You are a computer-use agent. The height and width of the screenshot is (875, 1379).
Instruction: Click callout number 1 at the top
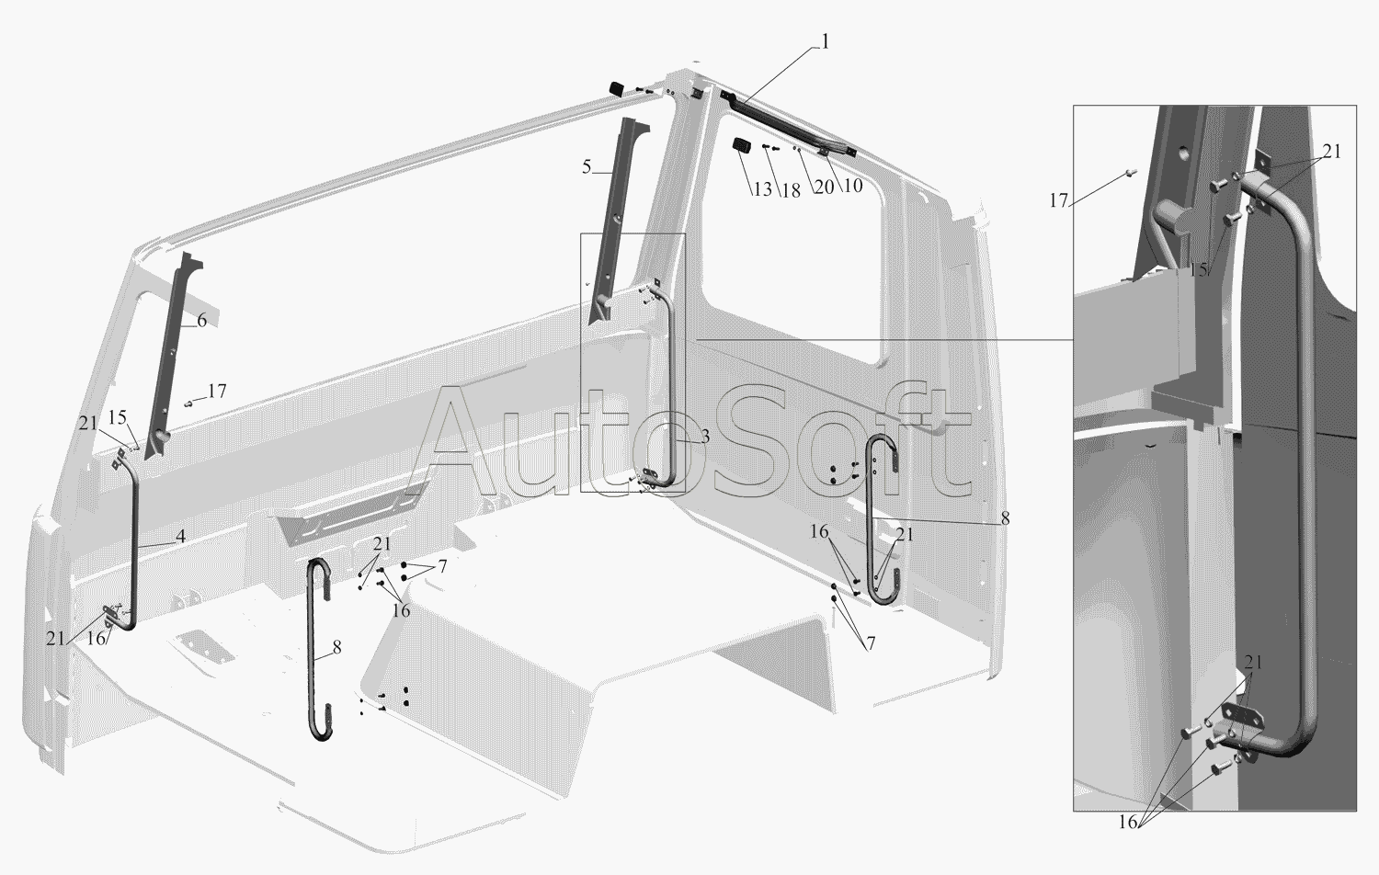click(x=825, y=42)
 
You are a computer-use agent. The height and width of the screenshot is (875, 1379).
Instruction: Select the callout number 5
click(x=587, y=166)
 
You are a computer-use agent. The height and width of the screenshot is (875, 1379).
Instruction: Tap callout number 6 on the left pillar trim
click(x=202, y=320)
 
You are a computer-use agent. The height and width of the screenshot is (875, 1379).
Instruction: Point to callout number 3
click(x=705, y=437)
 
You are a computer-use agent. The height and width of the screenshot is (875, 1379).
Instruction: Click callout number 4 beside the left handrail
click(x=180, y=537)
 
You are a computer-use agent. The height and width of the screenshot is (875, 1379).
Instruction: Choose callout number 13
click(x=762, y=189)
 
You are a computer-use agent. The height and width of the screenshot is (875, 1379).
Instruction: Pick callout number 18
click(x=791, y=191)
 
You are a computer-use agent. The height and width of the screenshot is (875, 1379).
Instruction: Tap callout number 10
click(x=852, y=185)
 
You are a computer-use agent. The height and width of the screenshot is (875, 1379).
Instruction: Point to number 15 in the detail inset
click(x=1199, y=269)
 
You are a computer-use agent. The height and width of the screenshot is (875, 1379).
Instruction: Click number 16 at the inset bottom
click(x=1128, y=822)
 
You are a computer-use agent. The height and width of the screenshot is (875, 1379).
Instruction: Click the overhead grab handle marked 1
click(x=789, y=126)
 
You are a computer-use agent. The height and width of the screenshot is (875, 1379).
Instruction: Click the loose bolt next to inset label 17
click(x=1131, y=173)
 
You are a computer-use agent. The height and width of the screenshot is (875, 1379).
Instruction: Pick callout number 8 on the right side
click(x=1006, y=518)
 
